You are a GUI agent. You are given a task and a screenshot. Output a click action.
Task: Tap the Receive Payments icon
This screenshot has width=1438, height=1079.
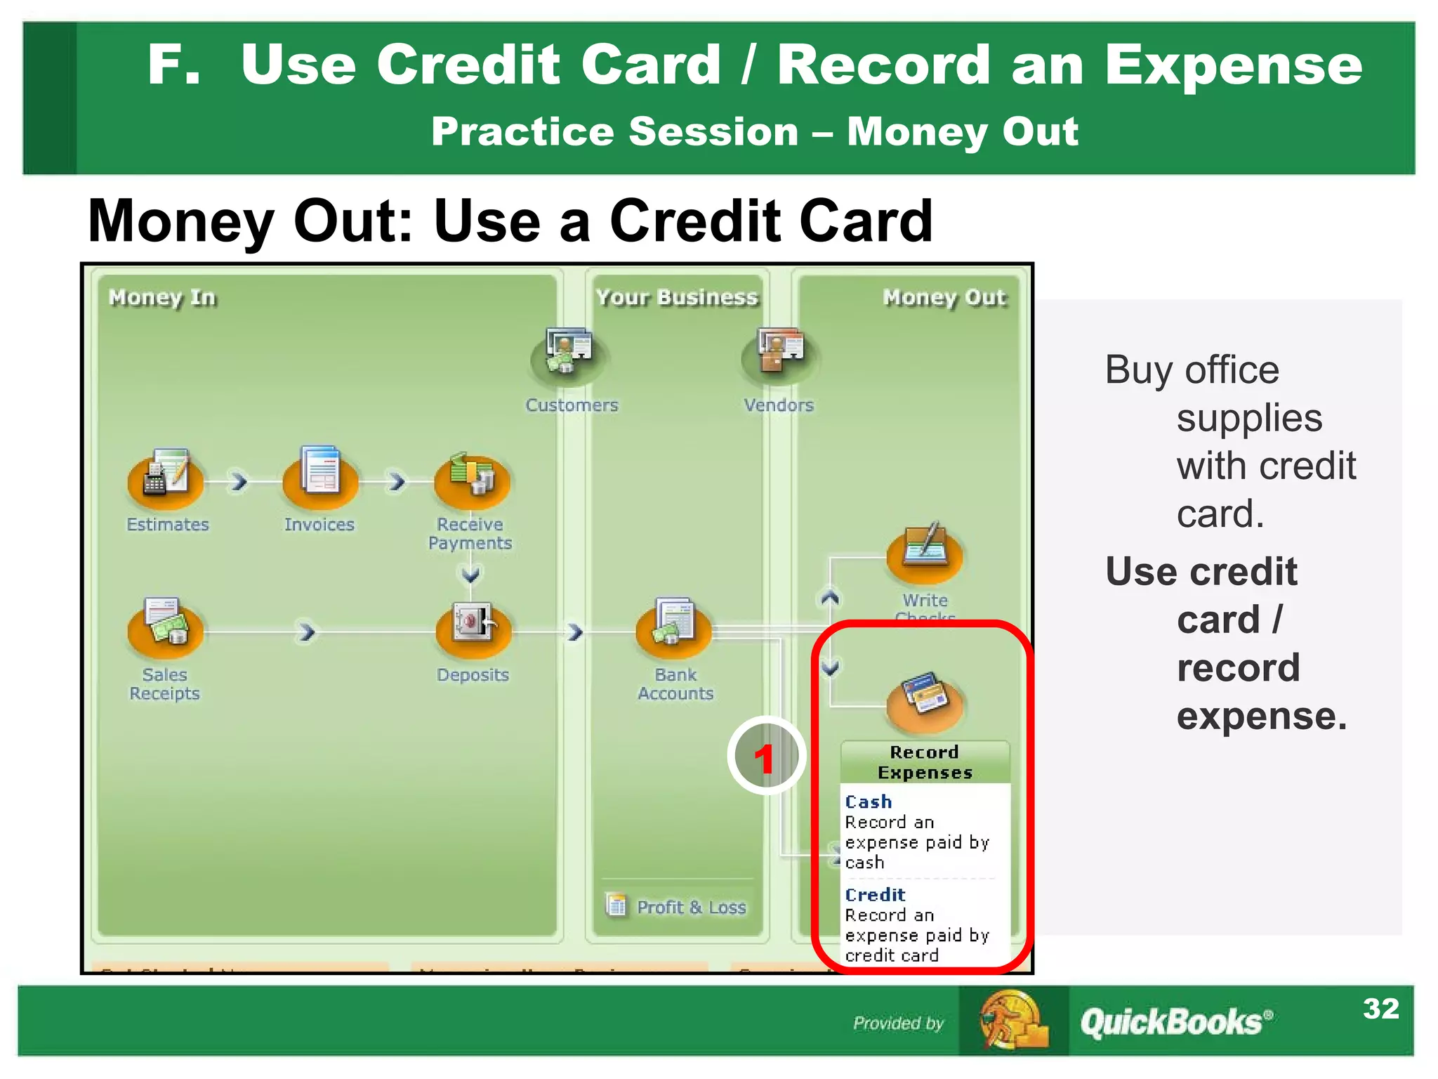472,480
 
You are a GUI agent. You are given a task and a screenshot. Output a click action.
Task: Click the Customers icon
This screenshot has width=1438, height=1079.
569,355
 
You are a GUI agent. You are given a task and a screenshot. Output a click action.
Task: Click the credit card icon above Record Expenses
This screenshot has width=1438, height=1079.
925,699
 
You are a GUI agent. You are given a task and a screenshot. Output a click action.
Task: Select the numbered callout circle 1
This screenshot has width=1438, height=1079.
765,757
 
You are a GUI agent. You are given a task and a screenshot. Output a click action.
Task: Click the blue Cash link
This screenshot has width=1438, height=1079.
869,802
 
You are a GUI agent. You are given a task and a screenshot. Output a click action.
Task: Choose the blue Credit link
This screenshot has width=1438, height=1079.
875,894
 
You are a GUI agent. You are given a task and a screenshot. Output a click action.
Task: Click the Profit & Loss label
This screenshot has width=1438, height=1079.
691,907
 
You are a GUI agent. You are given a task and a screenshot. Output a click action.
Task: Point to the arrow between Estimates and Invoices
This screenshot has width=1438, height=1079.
239,481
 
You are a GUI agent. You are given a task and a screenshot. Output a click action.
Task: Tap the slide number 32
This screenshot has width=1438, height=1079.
1380,1009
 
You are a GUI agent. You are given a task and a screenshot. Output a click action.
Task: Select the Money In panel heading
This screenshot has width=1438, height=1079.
162,297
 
